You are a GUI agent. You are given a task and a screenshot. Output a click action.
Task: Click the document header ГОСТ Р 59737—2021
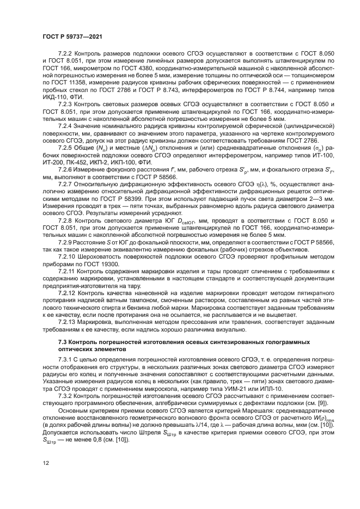click(72, 36)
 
